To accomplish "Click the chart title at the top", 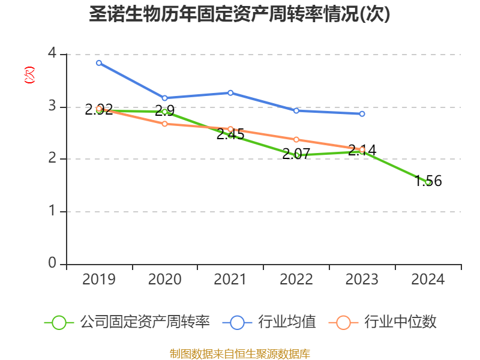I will [x=240, y=14].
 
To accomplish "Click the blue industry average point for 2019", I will [x=99, y=62].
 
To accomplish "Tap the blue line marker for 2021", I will [x=230, y=92].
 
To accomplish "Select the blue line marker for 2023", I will [x=362, y=113].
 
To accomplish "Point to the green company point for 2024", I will [x=428, y=182].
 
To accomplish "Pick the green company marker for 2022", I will [x=296, y=155].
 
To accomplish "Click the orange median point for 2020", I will [x=164, y=124].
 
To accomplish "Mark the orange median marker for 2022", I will [x=296, y=139].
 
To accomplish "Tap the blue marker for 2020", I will [x=164, y=98].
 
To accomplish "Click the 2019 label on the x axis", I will [x=99, y=280].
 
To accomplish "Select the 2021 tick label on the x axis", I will [x=230, y=280].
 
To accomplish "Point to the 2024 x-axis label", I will [x=428, y=280].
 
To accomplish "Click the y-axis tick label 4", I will [x=52, y=54].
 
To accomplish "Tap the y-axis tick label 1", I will [x=52, y=211].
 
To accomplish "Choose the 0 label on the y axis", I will [x=52, y=263].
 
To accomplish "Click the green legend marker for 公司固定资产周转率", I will [x=59, y=322].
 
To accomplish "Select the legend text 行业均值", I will [x=287, y=322].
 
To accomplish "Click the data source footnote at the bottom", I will [x=240, y=353].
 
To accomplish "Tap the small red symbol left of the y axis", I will [x=29, y=75].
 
